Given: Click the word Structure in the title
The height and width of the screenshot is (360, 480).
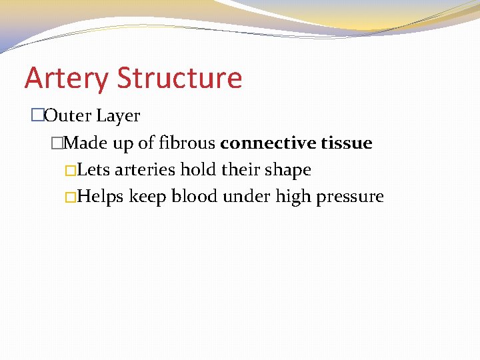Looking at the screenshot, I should coord(180,77).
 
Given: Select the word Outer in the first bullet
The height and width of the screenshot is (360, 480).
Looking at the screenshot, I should coord(68,116).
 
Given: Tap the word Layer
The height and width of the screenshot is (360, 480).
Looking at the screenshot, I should coord(118,117).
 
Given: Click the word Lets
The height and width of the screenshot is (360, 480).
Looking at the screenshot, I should coord(94,170).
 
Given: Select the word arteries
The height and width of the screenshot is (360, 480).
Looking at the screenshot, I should coord(145,170).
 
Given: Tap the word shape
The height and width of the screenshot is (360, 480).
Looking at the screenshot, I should coord(289,171).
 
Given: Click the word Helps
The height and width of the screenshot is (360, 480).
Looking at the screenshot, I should coord(101,197).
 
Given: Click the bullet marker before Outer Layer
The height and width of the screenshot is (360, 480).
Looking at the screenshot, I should coord(37,116).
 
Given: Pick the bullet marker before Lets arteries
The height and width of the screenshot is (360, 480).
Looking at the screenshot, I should coord(71,170).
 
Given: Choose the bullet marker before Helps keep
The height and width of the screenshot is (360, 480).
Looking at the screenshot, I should coord(71,197).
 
